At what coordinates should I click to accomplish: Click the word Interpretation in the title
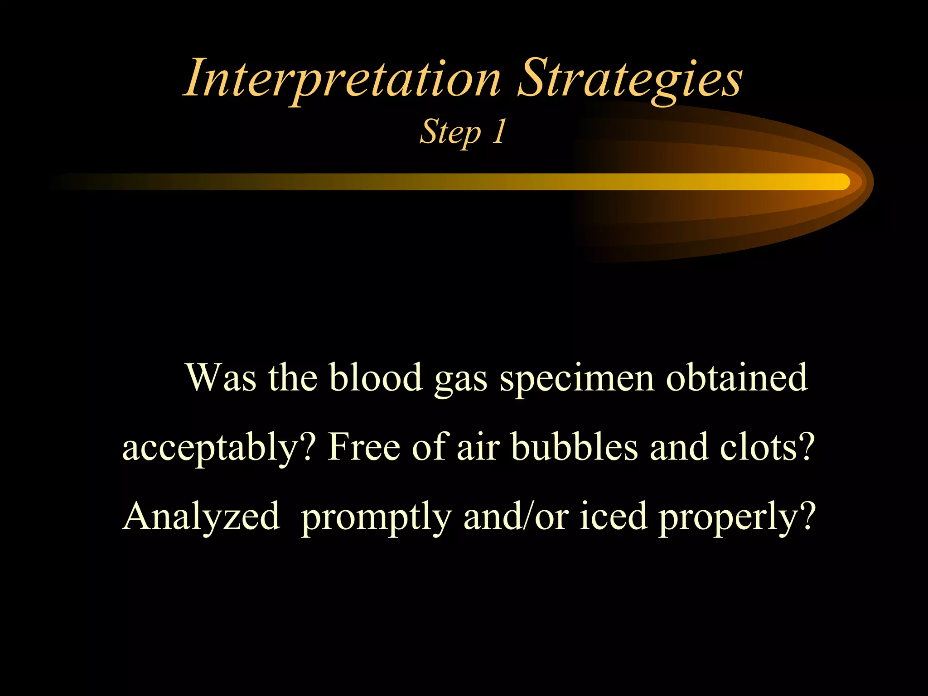(x=342, y=79)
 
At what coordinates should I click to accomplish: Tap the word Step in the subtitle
(x=450, y=132)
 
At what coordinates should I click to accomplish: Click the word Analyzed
(x=201, y=517)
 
